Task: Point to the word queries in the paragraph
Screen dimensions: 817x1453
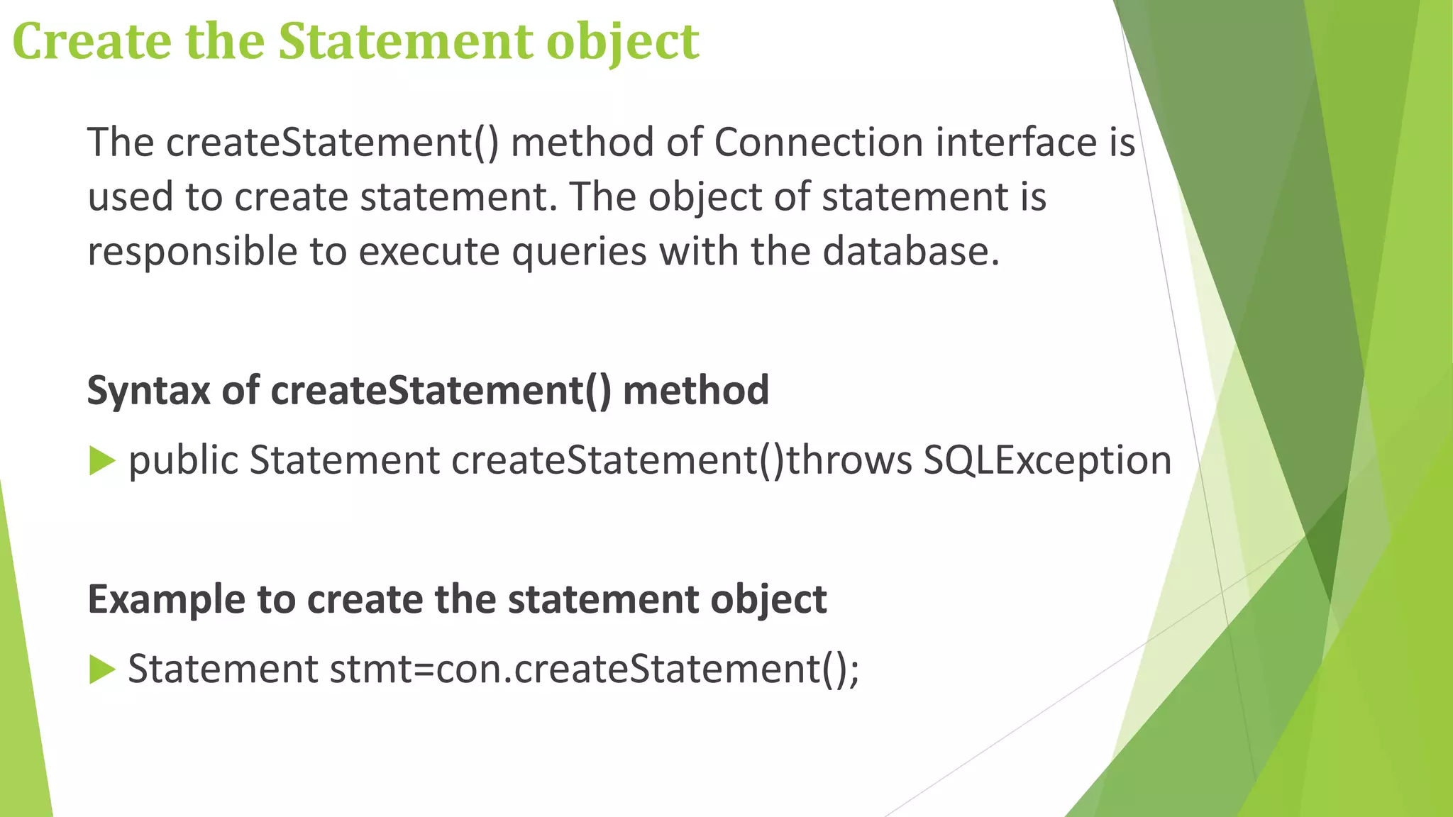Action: (579, 252)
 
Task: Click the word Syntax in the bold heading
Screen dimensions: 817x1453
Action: (148, 391)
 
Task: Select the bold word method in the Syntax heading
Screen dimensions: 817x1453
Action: (695, 390)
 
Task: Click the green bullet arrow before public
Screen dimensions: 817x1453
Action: (102, 461)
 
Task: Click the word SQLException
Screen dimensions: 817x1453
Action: (1047, 461)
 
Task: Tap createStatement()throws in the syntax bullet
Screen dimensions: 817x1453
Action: (681, 461)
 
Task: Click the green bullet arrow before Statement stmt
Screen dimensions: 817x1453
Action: (102, 669)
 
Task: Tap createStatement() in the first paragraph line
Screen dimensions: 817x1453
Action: (333, 142)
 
